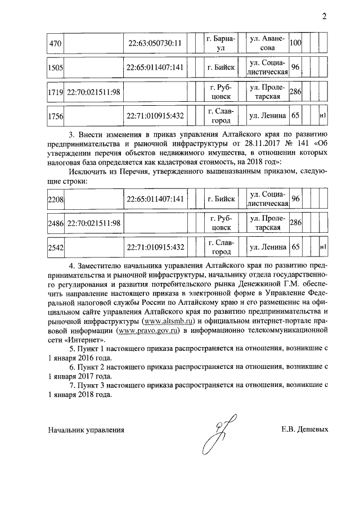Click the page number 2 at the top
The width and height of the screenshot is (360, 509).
click(324, 16)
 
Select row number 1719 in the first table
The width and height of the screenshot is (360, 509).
click(55, 92)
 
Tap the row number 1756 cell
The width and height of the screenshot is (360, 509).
click(55, 116)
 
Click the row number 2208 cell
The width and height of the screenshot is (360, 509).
click(55, 199)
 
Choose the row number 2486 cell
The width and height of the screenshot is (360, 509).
click(55, 223)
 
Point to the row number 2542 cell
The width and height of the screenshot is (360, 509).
click(55, 247)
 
